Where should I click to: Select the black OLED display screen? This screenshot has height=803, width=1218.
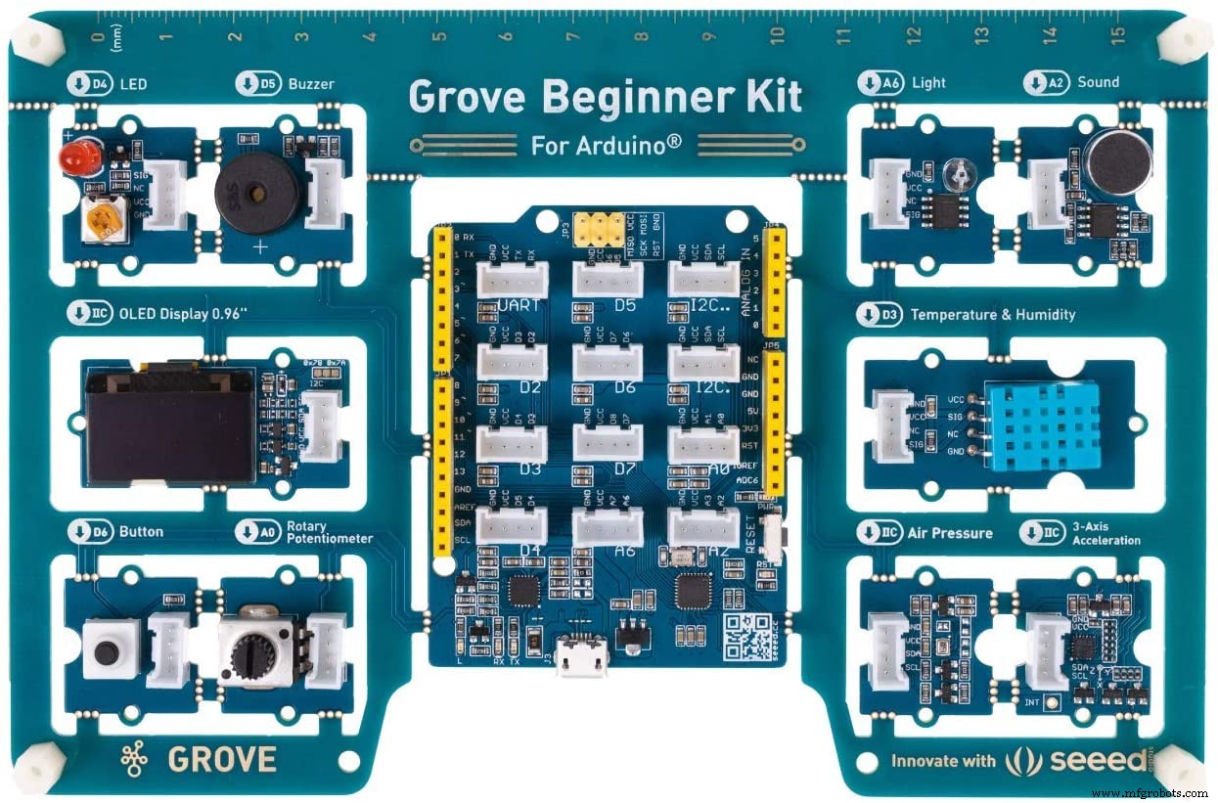click(169, 425)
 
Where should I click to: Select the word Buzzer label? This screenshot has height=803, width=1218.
click(311, 84)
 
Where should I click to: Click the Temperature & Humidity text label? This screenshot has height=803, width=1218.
click(992, 315)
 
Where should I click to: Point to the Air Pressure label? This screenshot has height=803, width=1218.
click(949, 533)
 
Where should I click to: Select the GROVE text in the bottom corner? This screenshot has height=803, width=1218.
click(222, 758)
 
